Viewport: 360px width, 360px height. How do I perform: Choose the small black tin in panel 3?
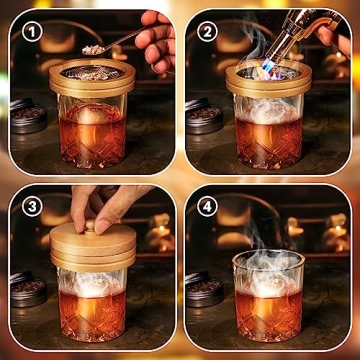coord(27,290)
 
